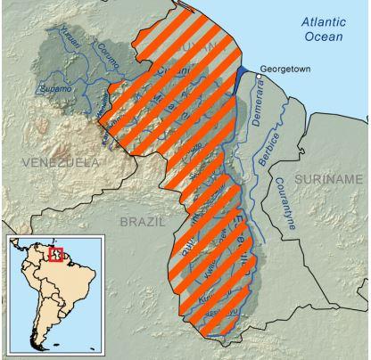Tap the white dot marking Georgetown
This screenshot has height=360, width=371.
coord(259,77)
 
